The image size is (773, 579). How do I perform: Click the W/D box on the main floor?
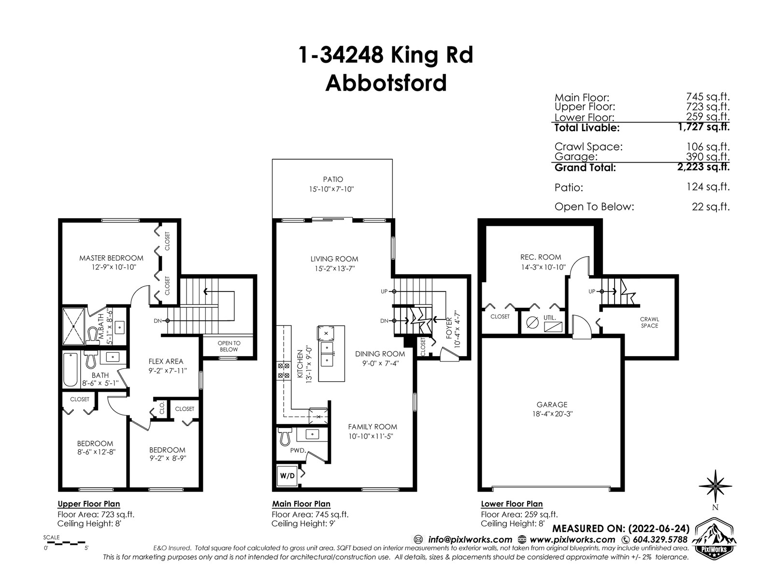pyautogui.click(x=287, y=476)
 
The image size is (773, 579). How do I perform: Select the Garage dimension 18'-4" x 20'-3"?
pyautogui.click(x=552, y=414)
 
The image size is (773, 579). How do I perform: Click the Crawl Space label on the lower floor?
pyautogui.click(x=649, y=322)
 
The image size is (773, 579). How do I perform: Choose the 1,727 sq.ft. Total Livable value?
pyautogui.click(x=704, y=126)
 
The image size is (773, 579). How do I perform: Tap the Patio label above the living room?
pyautogui.click(x=333, y=179)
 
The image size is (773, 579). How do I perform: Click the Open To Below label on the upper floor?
pyautogui.click(x=229, y=346)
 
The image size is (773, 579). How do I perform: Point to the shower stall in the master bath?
pyautogui.click(x=73, y=327)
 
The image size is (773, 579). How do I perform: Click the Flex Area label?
pyautogui.click(x=166, y=361)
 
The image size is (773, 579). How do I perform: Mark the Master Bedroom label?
pyautogui.click(x=111, y=258)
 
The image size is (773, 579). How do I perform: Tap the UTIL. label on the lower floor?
pyautogui.click(x=549, y=318)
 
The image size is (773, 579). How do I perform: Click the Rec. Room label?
pyautogui.click(x=541, y=257)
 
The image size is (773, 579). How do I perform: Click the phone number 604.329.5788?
pyautogui.click(x=659, y=539)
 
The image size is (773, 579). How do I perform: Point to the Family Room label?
pyautogui.click(x=372, y=427)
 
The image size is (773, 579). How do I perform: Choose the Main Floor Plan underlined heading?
pyautogui.click(x=301, y=504)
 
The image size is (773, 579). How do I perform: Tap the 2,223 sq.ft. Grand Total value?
pyautogui.click(x=703, y=166)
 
